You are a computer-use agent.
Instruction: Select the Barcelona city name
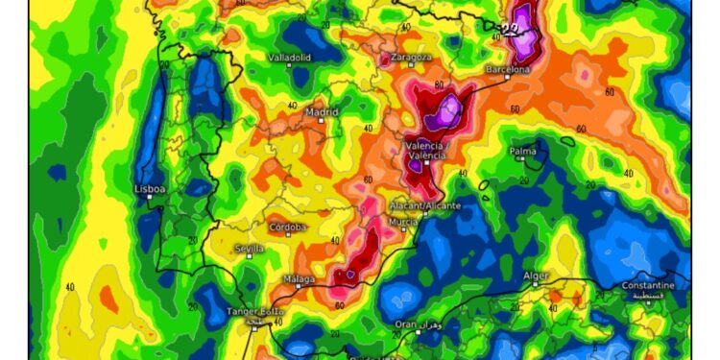tap(508, 70)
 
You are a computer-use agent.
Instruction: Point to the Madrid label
tap(322, 112)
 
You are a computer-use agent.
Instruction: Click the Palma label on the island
tap(523, 151)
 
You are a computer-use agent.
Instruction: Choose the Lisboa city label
tap(152, 189)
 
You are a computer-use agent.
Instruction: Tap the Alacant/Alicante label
tap(427, 205)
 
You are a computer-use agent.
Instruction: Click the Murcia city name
tap(403, 222)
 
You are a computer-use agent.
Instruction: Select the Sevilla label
tap(251, 249)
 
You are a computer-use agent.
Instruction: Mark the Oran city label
tap(407, 324)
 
